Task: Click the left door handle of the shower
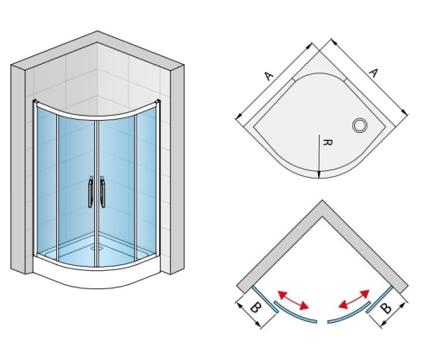coord(91,192)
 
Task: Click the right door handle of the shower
coord(103,192)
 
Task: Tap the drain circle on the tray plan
coord(359,125)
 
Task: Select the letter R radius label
coord(327,142)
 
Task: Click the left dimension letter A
coord(269,76)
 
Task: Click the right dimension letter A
coord(373,73)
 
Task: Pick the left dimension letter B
coord(255,307)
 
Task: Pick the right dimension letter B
coord(386,308)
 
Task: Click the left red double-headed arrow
coord(293,300)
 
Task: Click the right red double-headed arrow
coord(354,300)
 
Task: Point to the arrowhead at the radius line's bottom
coord(319,174)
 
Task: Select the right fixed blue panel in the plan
coord(379,300)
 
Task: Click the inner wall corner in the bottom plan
coord(322,216)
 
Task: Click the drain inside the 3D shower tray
coord(97,247)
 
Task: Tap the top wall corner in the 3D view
coord(97,31)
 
